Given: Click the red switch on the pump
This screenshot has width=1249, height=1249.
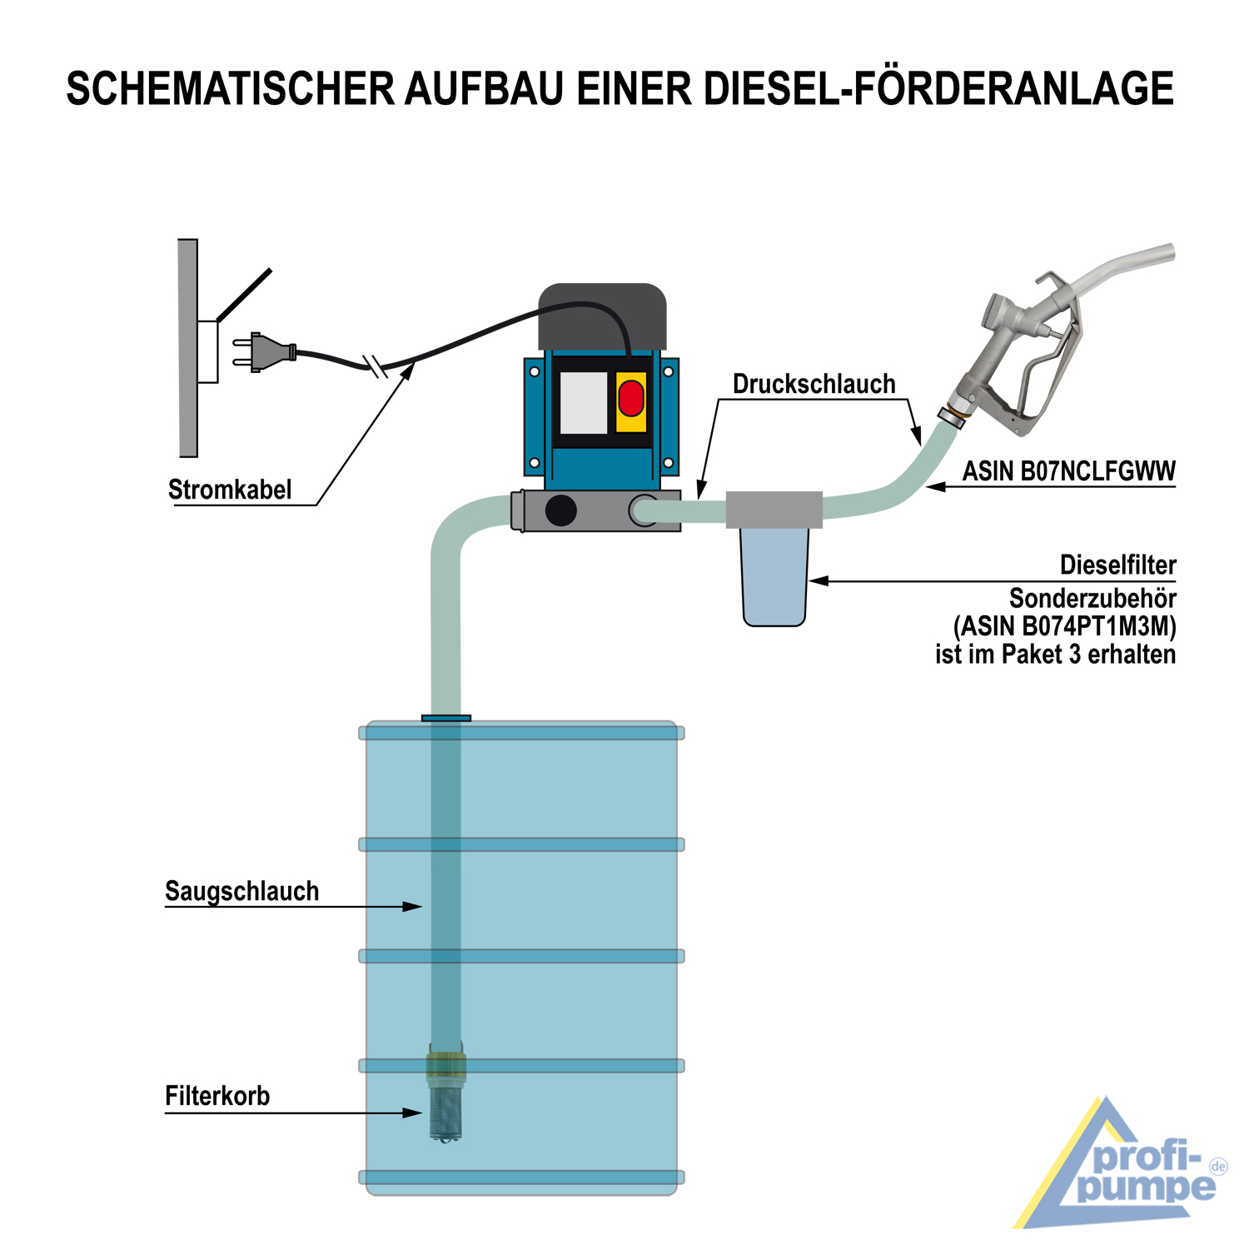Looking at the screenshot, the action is (631, 397).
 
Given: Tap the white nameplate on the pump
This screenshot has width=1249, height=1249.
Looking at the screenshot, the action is (584, 403).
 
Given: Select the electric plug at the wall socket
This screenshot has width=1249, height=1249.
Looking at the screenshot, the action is (264, 351).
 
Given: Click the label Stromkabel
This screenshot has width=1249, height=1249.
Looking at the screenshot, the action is (230, 490).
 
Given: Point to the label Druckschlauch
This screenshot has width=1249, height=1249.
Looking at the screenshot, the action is (814, 384).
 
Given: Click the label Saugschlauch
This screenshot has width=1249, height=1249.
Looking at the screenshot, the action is (241, 891).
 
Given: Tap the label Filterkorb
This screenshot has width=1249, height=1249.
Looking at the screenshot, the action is (217, 1096).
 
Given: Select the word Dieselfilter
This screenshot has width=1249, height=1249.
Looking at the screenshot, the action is (1117, 565).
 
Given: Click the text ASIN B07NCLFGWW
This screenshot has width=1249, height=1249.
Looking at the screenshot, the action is (1069, 471).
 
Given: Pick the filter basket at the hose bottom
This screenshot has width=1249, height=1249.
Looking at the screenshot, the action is (446, 1098).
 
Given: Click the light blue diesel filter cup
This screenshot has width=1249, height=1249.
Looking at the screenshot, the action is (774, 577).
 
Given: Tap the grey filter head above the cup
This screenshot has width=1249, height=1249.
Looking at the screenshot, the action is (774, 510).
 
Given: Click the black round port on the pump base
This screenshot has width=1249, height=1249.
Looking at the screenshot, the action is (560, 510).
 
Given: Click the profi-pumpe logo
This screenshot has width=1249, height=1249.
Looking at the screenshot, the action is (1121, 1163).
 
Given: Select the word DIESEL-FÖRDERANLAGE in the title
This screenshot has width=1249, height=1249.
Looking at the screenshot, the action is (939, 89).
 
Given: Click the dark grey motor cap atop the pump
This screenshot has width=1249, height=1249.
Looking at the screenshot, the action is (603, 316).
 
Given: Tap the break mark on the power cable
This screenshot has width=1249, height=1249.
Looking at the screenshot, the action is (376, 366).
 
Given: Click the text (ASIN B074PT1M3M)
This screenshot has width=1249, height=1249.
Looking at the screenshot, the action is (1065, 626).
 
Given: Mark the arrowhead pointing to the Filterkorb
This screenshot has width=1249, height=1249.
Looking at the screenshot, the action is (412, 1112).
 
